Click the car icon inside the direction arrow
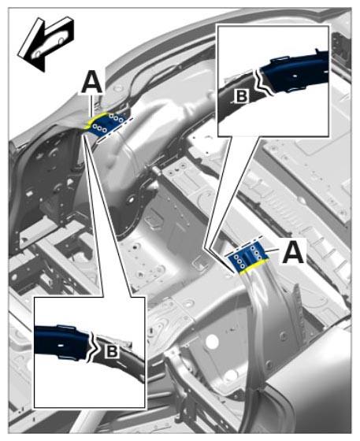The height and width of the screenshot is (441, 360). (x=50, y=44)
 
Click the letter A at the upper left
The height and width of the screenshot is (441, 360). (x=92, y=82)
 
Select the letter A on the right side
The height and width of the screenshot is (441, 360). (x=293, y=252)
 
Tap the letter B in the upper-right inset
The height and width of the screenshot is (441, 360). (x=242, y=96)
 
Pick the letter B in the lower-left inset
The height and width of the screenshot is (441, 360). (x=112, y=351)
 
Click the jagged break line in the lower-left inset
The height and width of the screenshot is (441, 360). (x=95, y=347)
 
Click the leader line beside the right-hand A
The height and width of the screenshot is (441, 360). (x=273, y=250)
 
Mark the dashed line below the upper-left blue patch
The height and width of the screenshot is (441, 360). (x=115, y=130)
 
